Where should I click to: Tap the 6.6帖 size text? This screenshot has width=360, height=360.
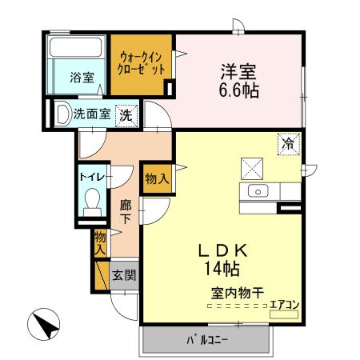pyautogui.click(x=239, y=90)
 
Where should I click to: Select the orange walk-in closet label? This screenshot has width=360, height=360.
pyautogui.click(x=142, y=63)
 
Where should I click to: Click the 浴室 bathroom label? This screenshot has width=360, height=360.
pyautogui.click(x=81, y=78)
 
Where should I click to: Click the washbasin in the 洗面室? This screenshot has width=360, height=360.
pyautogui.click(x=62, y=114)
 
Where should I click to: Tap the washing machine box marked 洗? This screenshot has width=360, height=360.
pyautogui.click(x=126, y=114)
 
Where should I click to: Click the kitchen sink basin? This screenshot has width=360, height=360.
pyautogui.click(x=258, y=190)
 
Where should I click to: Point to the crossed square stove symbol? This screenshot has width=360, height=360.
pyautogui.click(x=252, y=168)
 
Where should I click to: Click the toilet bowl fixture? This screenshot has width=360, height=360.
pyautogui.click(x=91, y=199)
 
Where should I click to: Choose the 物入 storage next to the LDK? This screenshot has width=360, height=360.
pyautogui.click(x=157, y=178)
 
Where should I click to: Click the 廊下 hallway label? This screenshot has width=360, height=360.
pyautogui.click(x=126, y=211)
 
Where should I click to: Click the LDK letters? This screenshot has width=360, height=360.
pyautogui.click(x=223, y=250)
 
